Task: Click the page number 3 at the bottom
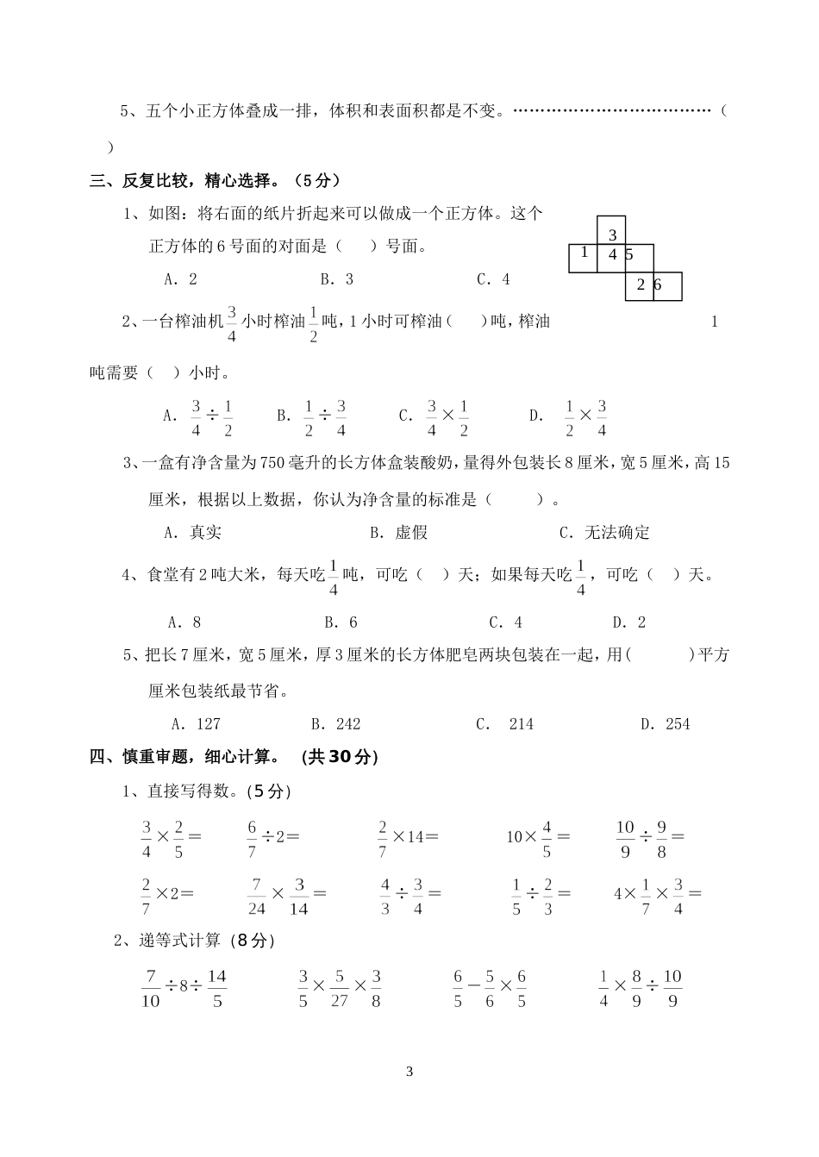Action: point(409,1073)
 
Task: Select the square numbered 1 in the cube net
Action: point(583,257)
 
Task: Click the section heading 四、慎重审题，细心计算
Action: point(234,757)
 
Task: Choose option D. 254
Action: point(665,724)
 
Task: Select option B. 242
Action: point(335,724)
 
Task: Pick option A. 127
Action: point(197,724)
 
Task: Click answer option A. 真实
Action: point(193,533)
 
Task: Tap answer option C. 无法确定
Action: point(604,533)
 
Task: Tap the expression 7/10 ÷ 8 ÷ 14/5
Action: point(184,988)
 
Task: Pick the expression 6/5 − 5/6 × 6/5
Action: point(490,988)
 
